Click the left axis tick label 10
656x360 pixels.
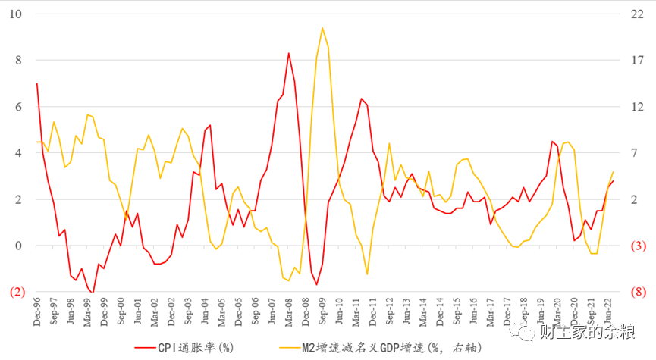[x=15, y=14]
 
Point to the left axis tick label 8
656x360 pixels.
[x=18, y=60]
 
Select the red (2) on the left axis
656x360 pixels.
[x=17, y=292]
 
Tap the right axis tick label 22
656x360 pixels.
[x=637, y=14]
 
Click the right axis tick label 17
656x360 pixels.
[x=637, y=60]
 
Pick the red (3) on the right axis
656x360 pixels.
[x=639, y=246]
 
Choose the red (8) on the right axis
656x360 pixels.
[x=639, y=292]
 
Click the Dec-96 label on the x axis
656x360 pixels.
[x=37, y=311]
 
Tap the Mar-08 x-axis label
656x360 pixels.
[x=289, y=311]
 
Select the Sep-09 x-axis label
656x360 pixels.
[x=322, y=311]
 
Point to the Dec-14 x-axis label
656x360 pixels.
[x=440, y=311]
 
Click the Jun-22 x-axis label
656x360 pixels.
[x=608, y=311]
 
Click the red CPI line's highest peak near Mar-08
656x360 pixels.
[x=289, y=53]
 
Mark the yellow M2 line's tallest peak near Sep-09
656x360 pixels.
[x=322, y=27]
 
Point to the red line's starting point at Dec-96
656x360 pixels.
[x=37, y=83]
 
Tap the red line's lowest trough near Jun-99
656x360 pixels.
[x=93, y=293]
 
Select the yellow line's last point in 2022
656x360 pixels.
[x=614, y=171]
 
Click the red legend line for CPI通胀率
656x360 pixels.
[x=145, y=348]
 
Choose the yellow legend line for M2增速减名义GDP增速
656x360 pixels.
[x=290, y=348]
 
